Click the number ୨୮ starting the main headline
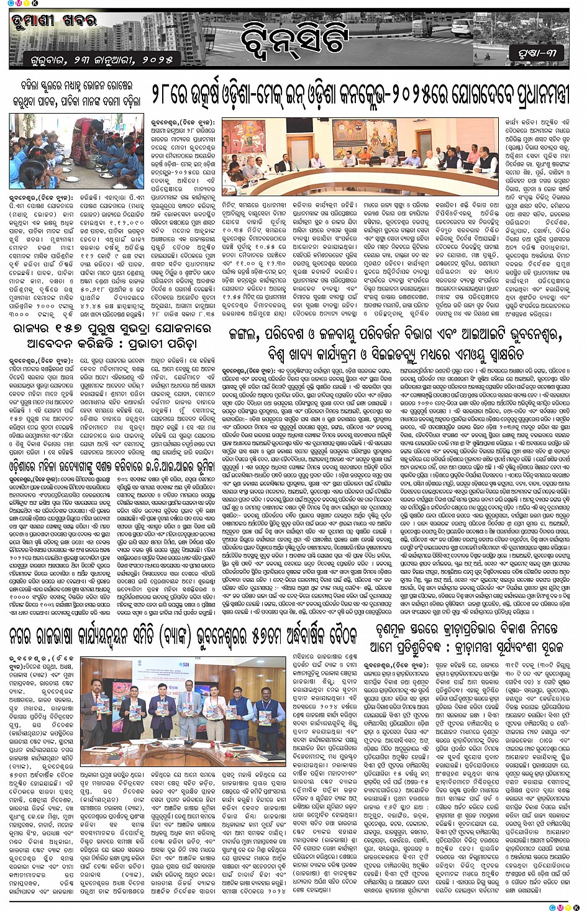pos(163,93)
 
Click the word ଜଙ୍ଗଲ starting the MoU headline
pos(245,336)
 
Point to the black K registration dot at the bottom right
pos(576,907)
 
